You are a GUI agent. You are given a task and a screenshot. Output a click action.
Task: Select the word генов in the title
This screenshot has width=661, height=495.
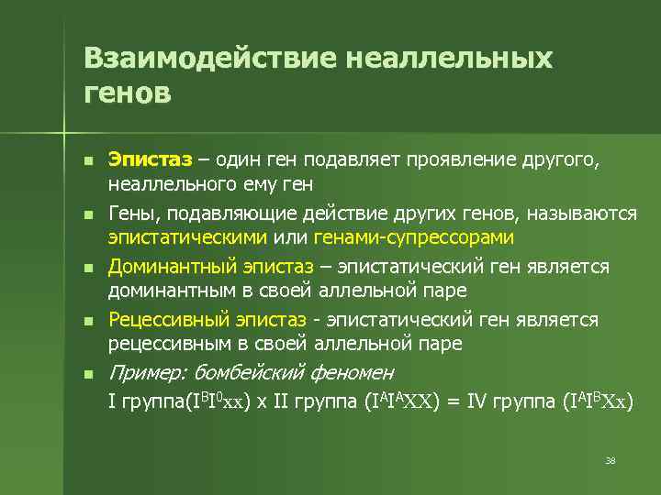pos(127,93)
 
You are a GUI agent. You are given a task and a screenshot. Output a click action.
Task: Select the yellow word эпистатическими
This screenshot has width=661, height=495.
pos(187,237)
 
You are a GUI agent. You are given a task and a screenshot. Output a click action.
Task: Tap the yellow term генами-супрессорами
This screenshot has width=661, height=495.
pos(414,237)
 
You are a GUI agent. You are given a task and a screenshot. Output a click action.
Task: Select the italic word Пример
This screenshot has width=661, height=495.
pos(146,373)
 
